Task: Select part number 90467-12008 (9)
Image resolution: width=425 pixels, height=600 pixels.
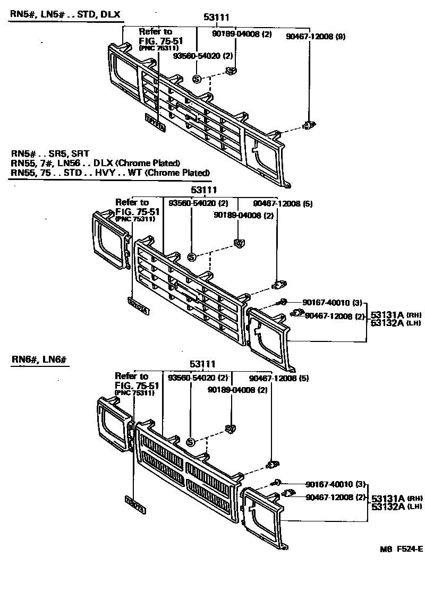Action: [316, 37]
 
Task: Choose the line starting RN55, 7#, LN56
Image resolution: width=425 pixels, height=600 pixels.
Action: [95, 163]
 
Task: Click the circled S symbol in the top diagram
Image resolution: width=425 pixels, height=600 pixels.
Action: [197, 79]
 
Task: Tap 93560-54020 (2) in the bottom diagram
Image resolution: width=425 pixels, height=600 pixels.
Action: [198, 378]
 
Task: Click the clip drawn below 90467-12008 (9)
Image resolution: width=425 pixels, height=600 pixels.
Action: [308, 126]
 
